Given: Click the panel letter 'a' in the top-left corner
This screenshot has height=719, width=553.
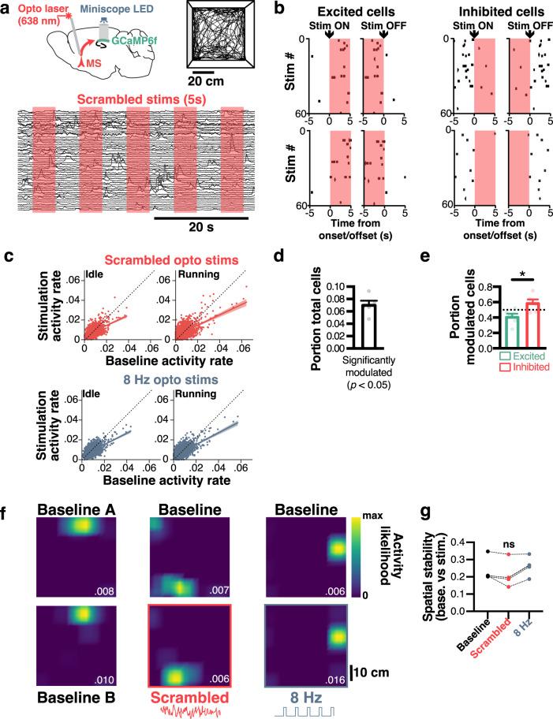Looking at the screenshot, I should point(7,9).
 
